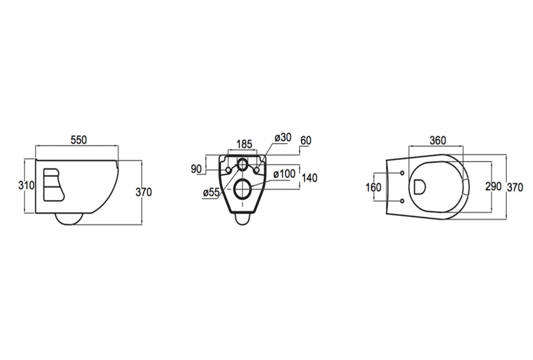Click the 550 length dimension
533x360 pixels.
(x=78, y=140)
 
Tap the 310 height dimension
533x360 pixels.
(x=26, y=186)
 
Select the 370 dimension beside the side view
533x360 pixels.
(x=144, y=192)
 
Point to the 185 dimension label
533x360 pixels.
(x=244, y=144)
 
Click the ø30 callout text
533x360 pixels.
(x=283, y=138)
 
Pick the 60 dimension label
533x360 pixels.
(x=305, y=140)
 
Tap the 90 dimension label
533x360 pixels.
(x=196, y=169)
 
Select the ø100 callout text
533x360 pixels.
(x=284, y=174)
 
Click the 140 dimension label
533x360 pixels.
(x=309, y=178)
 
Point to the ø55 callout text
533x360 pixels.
(x=211, y=192)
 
